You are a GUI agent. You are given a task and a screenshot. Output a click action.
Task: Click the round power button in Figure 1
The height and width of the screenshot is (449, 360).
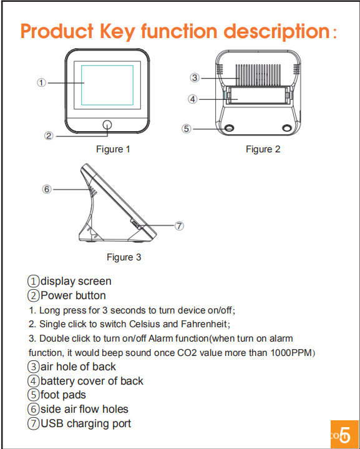pyautogui.click(x=107, y=125)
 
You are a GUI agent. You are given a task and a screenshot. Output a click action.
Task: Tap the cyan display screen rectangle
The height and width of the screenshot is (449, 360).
pyautogui.click(x=107, y=85)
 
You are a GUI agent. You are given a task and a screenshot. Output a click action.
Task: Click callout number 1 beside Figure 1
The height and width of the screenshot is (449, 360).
pyautogui.click(x=42, y=83)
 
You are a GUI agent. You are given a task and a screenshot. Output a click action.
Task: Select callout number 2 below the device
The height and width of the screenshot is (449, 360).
pyautogui.click(x=49, y=136)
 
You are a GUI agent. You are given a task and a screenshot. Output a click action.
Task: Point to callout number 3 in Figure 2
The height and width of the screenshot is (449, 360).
pyautogui.click(x=195, y=77)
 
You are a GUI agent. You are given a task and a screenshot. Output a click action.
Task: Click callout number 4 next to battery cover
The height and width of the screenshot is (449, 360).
pyautogui.click(x=193, y=99)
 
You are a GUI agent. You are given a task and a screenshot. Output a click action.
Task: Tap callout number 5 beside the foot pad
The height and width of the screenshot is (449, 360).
pyautogui.click(x=187, y=129)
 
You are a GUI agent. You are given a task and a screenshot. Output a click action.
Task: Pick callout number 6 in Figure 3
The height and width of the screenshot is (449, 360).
pyautogui.click(x=47, y=189)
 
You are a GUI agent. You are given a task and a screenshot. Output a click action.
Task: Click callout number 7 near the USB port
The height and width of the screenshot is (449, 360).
pyautogui.click(x=179, y=225)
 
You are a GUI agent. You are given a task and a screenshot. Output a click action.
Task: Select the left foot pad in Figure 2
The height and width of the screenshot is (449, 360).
pyautogui.click(x=229, y=128)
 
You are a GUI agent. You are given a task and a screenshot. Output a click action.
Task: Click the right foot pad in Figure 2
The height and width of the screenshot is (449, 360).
pyautogui.click(x=287, y=128)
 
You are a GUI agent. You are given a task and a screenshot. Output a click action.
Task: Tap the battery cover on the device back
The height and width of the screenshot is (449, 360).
pyautogui.click(x=257, y=96)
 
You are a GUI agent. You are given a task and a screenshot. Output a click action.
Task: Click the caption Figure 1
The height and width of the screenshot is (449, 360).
pyautogui.click(x=113, y=149)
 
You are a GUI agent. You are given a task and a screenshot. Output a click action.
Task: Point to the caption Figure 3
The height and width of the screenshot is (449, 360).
pyautogui.click(x=124, y=257)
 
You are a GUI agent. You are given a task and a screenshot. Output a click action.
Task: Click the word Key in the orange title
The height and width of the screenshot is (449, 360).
pyautogui.click(x=117, y=32)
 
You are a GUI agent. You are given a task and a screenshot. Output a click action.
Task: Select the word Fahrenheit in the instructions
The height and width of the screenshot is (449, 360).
pyautogui.click(x=204, y=324)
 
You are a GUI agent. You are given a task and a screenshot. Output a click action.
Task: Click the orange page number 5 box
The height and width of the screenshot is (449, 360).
pyautogui.click(x=344, y=434)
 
